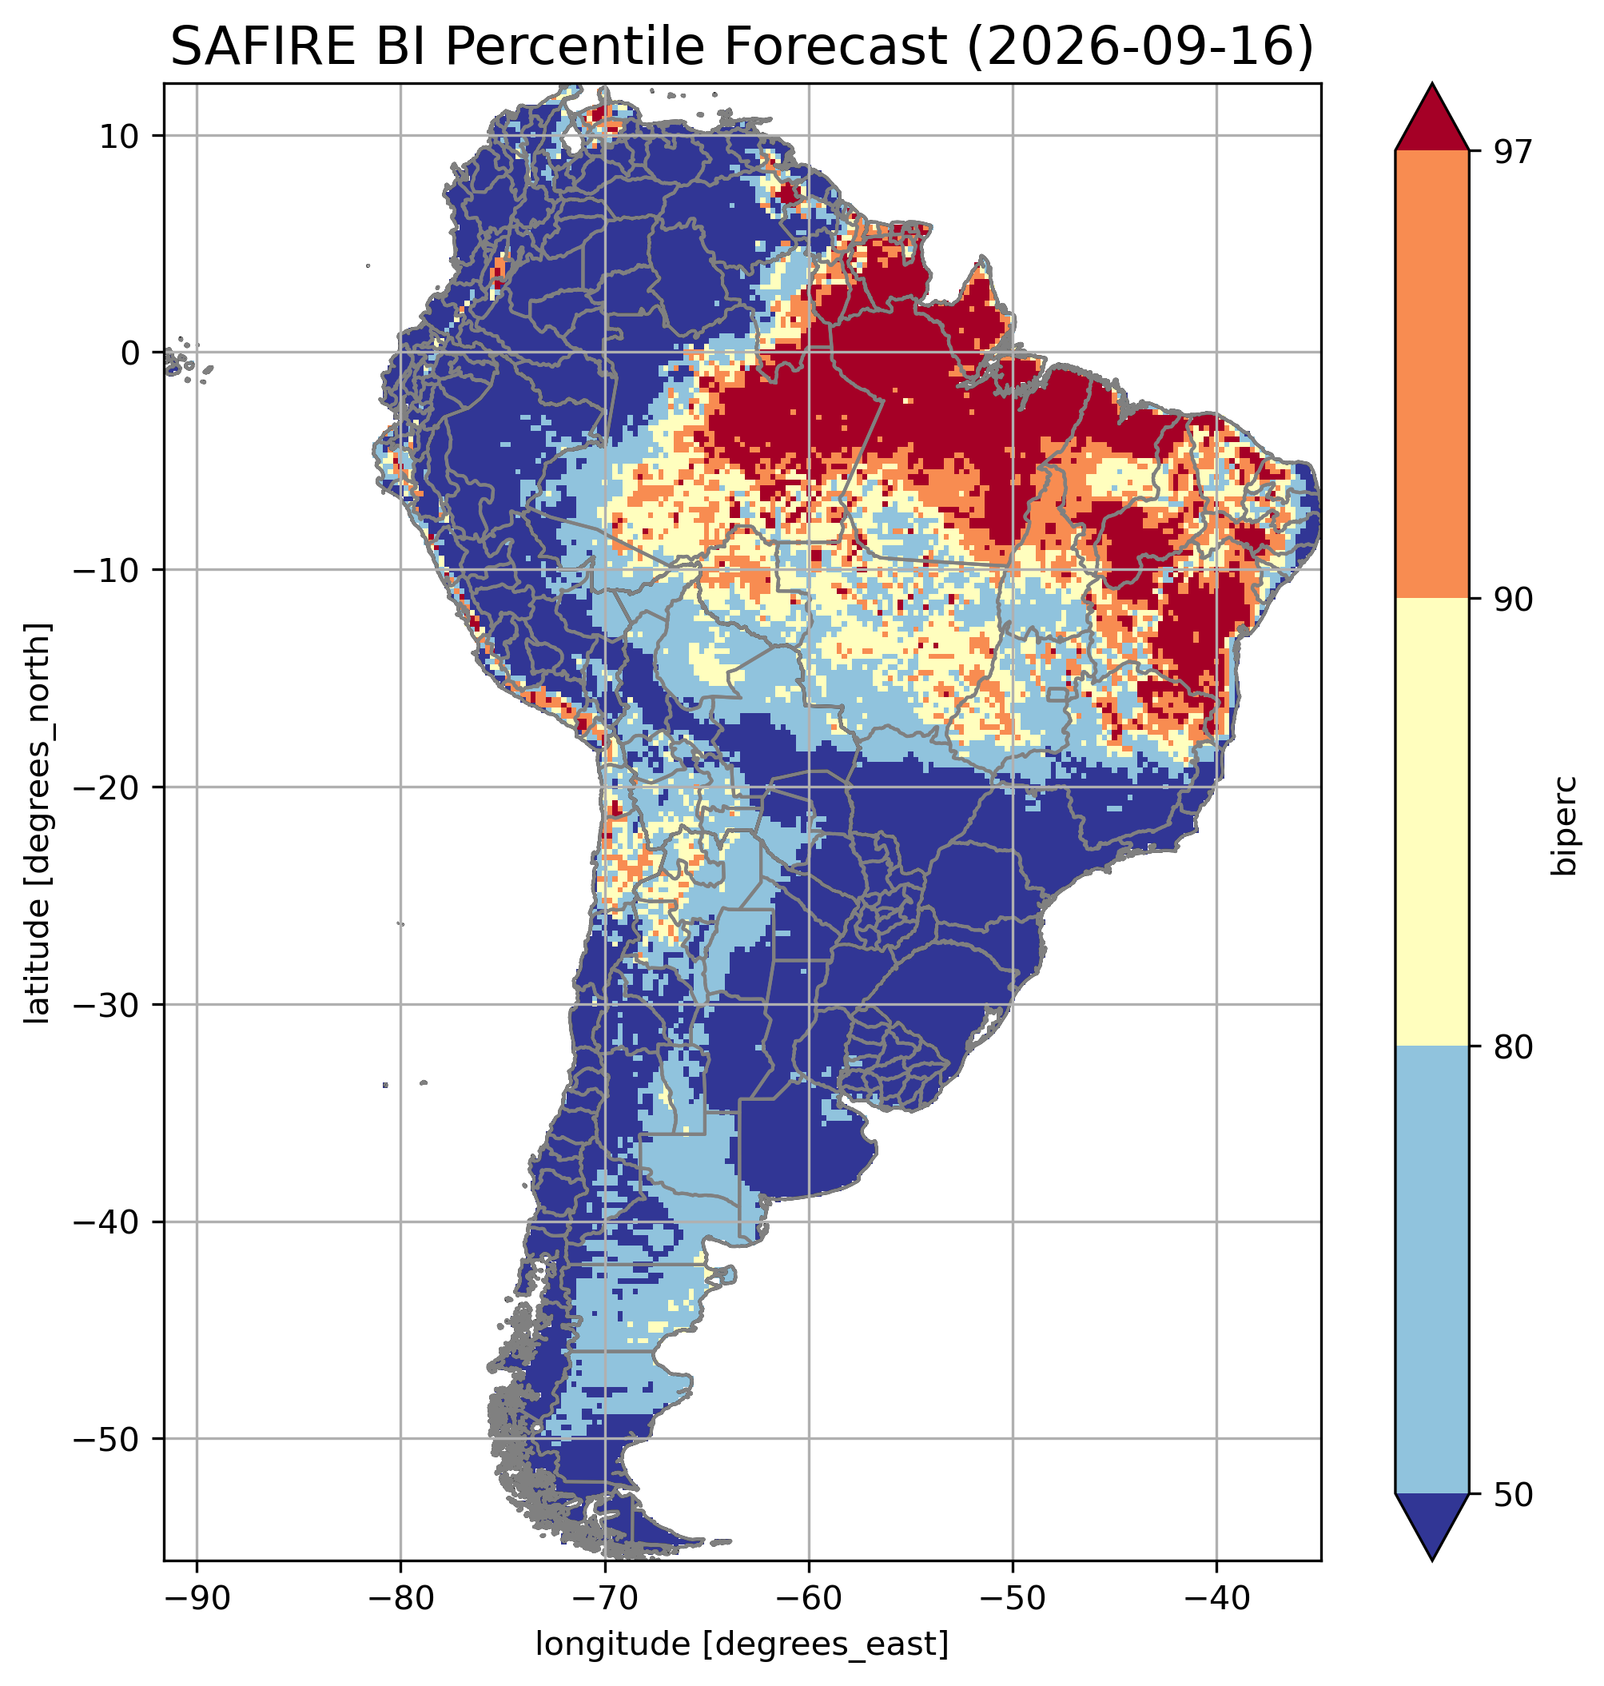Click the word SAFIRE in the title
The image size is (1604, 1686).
[x=257, y=47]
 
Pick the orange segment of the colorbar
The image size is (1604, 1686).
[x=1431, y=375]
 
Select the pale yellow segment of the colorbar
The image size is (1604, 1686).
[x=1431, y=822]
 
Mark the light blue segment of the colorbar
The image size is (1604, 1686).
[x=1431, y=1270]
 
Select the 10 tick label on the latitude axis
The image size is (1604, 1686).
[x=121, y=136]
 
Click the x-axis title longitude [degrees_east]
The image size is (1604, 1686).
[x=742, y=1644]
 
